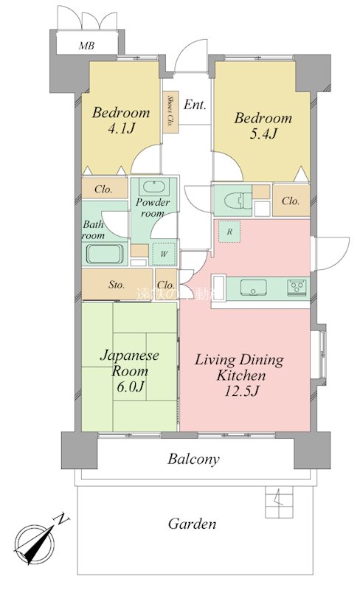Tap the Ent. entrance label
coord(195,105)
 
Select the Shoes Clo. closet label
coord(170,111)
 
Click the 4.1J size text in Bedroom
coord(121,130)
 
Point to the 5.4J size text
coord(263,134)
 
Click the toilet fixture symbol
coord(230,199)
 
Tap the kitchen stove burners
coord(297,286)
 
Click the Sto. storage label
coord(117,285)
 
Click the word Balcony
coord(193,459)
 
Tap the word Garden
coord(192,524)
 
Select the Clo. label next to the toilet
coord(290,201)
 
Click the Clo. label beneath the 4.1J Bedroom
coord(103,190)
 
